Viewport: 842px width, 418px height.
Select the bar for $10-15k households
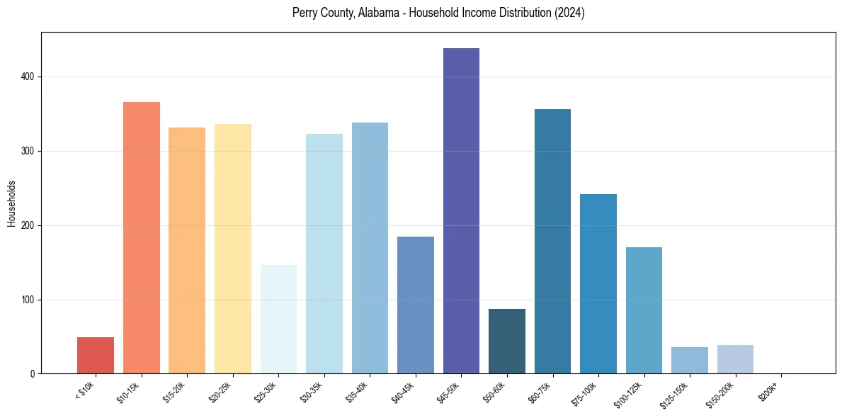tap(142, 238)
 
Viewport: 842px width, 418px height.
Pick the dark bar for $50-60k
tap(507, 341)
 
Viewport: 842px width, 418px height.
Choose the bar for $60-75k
tap(552, 242)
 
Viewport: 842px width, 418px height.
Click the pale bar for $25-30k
tap(278, 320)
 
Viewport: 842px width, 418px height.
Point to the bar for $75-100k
tap(598, 284)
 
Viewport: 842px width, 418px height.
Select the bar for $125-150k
tap(690, 361)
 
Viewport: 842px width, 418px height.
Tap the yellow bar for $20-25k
tap(233, 249)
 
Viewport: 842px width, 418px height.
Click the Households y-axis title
tap(11, 203)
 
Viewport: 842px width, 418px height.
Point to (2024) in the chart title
tap(569, 13)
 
